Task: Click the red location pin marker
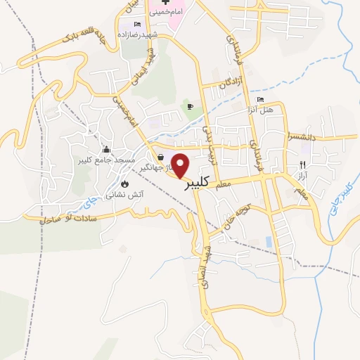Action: point(181,165)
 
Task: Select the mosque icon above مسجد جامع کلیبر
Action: point(106,149)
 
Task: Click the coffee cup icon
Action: point(189,107)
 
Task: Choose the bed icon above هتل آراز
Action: point(260,100)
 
